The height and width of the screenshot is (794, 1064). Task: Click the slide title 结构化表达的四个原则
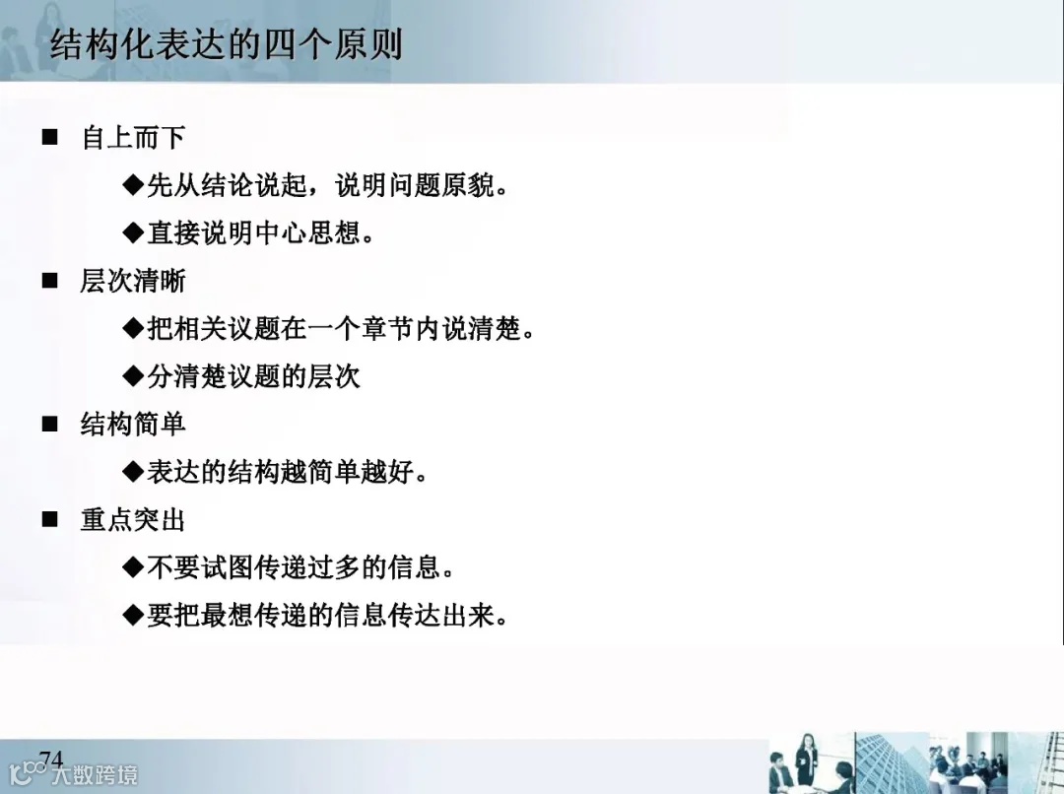coord(226,45)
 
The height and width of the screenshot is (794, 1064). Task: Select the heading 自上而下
coord(133,137)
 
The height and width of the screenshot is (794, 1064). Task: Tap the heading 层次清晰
coord(133,281)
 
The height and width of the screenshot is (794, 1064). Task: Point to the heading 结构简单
coord(133,425)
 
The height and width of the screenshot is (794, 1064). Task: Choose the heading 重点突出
coord(133,520)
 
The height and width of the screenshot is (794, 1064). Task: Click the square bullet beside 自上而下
coord(50,137)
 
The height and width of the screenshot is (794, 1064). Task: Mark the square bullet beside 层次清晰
coord(50,281)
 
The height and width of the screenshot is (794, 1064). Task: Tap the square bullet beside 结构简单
coord(50,425)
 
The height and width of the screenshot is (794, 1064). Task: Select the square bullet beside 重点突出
coord(50,520)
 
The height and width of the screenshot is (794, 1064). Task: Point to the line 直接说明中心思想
coord(261,232)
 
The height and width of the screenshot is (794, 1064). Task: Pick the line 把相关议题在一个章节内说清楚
coord(340,328)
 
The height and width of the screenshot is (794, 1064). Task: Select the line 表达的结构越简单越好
coord(287,473)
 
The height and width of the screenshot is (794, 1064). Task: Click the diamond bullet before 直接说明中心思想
coord(133,232)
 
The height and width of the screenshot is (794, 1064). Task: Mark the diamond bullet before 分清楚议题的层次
coord(133,376)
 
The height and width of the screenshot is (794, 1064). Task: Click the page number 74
coord(51,759)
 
